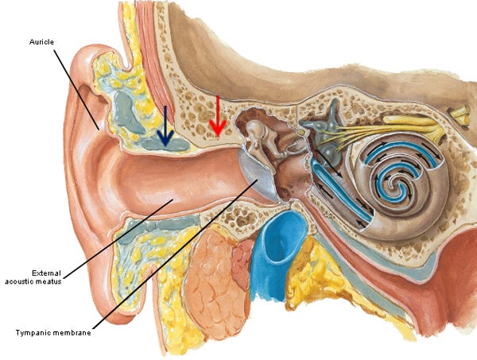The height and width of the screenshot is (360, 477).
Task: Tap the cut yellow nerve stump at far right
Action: click(x=459, y=116)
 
